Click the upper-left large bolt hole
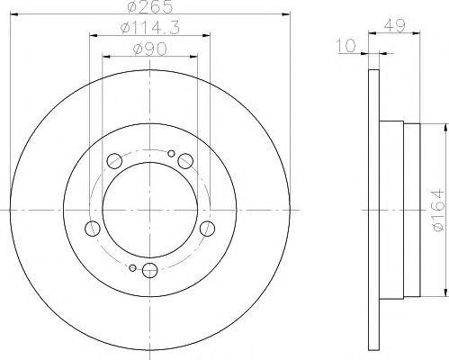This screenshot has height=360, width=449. point(113,162)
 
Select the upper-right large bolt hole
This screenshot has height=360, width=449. point(184,161)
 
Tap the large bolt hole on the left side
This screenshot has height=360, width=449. point(89,228)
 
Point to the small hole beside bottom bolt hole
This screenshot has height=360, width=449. point(132,268)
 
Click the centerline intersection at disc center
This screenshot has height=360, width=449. point(148,212)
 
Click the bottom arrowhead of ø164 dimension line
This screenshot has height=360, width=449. point(445,298)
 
